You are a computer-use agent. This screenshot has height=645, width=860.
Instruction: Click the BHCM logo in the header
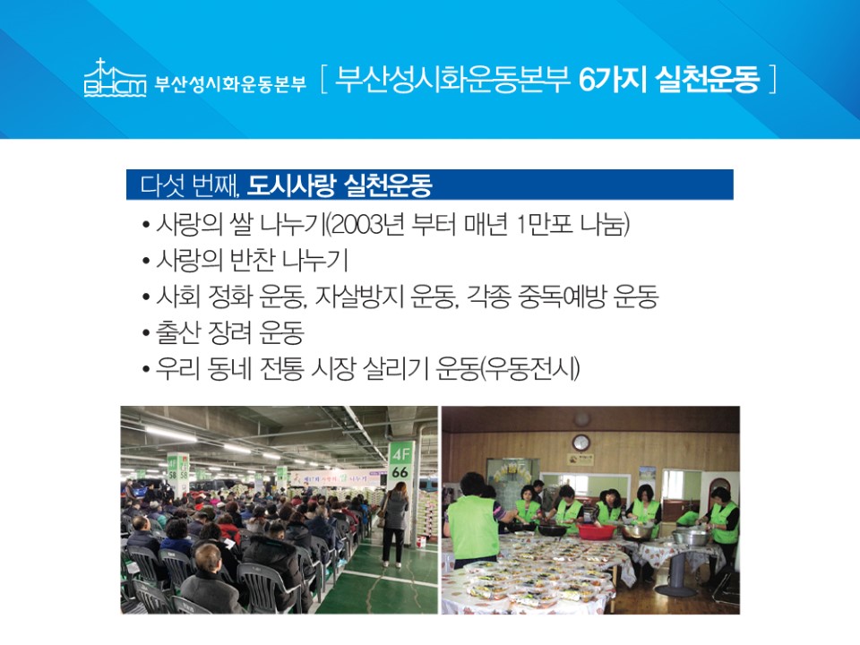point(116,77)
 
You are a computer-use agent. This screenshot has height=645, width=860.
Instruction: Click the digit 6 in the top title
point(587,80)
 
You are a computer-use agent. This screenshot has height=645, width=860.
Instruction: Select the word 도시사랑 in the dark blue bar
point(290,185)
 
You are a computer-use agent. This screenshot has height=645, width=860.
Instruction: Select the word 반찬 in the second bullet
point(252,260)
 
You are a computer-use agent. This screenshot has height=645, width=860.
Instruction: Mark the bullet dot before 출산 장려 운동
point(146,333)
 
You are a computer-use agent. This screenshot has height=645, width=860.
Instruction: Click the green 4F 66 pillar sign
point(400,463)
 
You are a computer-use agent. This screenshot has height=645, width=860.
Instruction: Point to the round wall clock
point(580,443)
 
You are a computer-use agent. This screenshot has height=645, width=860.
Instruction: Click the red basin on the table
point(597,531)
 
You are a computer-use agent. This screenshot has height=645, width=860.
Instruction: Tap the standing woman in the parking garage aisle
point(394,524)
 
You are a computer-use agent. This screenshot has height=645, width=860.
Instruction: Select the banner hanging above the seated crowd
point(336,477)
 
